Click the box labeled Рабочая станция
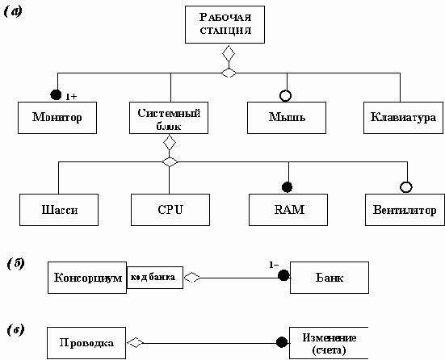tap(225, 25)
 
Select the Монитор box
tap(57, 118)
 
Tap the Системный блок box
tap(169, 118)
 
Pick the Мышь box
tap(287, 118)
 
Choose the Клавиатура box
tap(403, 118)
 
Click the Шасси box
tap(59, 210)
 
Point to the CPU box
tap(170, 210)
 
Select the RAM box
tap(288, 210)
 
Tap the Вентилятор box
tap(405, 210)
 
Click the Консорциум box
tap(87, 278)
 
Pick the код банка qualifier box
tap(155, 278)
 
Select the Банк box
tap(330, 278)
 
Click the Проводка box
tap(86, 343)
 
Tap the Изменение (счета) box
tap(329, 343)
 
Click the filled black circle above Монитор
tap(56, 94)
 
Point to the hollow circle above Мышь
tap(286, 96)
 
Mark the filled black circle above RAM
tap(288, 187)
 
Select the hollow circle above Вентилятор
tap(406, 187)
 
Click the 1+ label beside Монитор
tap(71, 97)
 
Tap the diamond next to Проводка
tap(136, 343)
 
